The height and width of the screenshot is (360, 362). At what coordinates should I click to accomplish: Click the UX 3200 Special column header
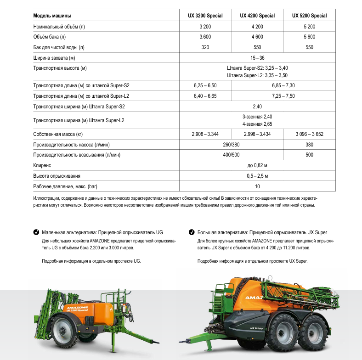point(205,16)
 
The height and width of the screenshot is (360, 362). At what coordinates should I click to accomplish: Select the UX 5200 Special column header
point(310,16)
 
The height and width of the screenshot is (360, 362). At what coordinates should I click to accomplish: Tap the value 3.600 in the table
point(205,37)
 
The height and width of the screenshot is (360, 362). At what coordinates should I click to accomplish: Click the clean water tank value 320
point(205,47)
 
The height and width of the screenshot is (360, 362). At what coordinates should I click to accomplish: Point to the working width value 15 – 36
point(257,58)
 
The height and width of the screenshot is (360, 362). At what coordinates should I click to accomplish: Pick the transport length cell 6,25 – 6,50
point(205,85)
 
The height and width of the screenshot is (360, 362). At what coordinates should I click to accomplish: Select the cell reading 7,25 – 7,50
point(283,96)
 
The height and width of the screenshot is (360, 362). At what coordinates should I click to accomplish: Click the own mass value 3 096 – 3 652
point(310,134)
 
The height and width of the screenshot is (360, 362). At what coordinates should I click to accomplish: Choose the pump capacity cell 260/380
point(231,145)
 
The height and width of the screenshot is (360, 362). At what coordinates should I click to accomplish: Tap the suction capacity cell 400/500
point(231,155)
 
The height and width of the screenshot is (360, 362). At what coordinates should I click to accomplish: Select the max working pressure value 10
point(257,186)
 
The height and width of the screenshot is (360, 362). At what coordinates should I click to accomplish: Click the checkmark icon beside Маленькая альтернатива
point(36,232)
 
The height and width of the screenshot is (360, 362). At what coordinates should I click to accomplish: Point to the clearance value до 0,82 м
point(257,165)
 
